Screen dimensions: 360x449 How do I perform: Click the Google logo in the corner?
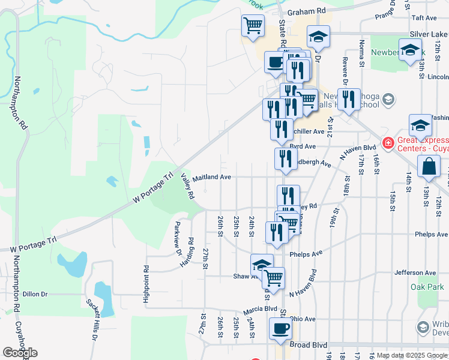20,353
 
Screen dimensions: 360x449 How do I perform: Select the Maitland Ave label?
211,177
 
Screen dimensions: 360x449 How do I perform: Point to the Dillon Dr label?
35,294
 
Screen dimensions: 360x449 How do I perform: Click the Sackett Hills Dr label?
92,320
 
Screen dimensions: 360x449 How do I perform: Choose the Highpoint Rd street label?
146,284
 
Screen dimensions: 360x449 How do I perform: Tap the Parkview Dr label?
178,239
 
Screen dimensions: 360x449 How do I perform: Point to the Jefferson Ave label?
415,272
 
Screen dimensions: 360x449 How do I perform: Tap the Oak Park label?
427,287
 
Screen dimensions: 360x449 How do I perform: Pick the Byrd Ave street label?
303,146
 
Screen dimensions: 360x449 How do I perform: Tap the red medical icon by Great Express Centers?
388,144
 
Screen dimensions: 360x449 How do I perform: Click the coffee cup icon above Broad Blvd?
280,329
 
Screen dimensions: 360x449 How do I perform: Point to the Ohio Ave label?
303,319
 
